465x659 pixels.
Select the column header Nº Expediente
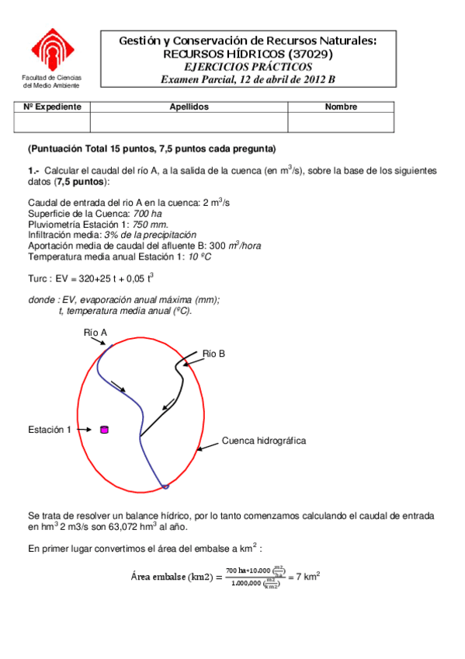52,106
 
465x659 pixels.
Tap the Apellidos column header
189,106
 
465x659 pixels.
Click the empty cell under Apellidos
189,122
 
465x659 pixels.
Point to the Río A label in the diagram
95,333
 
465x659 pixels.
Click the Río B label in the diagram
213,354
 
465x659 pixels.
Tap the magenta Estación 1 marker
105,429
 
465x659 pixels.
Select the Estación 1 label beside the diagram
50,430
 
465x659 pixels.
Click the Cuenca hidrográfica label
264,441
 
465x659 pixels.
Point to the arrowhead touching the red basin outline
200,448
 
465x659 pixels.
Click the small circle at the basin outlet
164,487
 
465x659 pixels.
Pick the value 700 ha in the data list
147,213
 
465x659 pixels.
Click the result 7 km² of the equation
305,577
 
